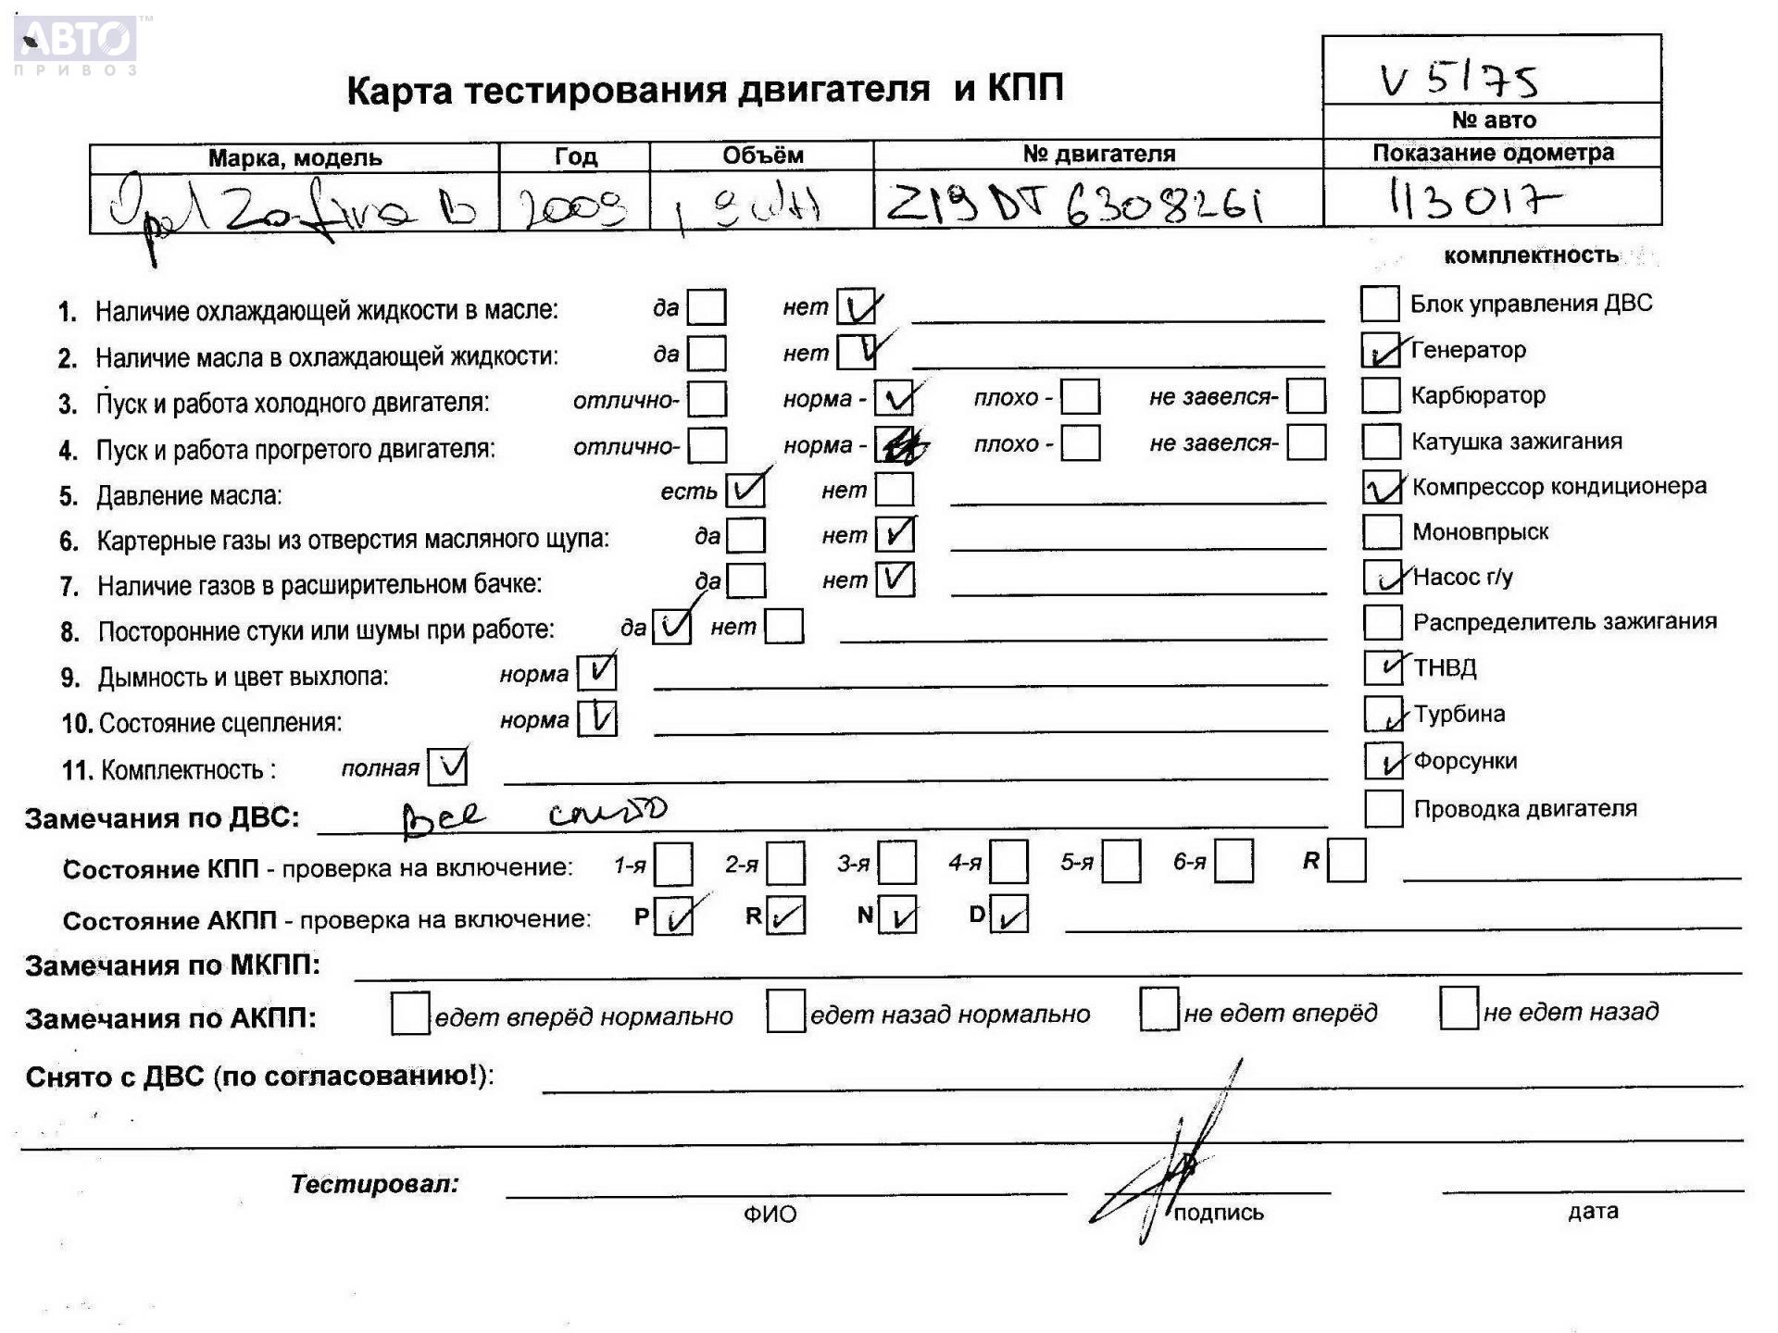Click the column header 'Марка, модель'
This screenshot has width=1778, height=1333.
[294, 157]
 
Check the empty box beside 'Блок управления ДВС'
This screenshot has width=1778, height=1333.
[1379, 304]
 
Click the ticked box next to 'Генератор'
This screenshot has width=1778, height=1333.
[1381, 350]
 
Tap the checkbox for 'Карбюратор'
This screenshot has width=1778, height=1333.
[1380, 395]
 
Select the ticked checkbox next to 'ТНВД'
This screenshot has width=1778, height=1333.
[1383, 667]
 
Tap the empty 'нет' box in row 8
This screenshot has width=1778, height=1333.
[784, 627]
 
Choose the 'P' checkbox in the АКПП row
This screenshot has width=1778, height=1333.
[673, 916]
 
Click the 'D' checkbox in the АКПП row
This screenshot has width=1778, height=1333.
[1008, 915]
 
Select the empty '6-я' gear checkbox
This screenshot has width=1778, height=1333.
[1233, 862]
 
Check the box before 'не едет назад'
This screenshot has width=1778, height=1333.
[1459, 1008]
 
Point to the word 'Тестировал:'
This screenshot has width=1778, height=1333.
[374, 1184]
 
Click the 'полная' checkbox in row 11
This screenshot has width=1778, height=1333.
[448, 767]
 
